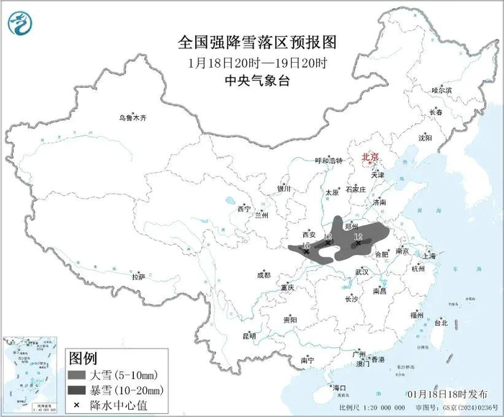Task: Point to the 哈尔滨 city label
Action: pyautogui.click(x=441, y=90)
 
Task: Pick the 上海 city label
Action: pyautogui.click(x=429, y=256)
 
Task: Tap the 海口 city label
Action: pyautogui.click(x=339, y=388)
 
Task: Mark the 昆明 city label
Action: pyautogui.click(x=248, y=335)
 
